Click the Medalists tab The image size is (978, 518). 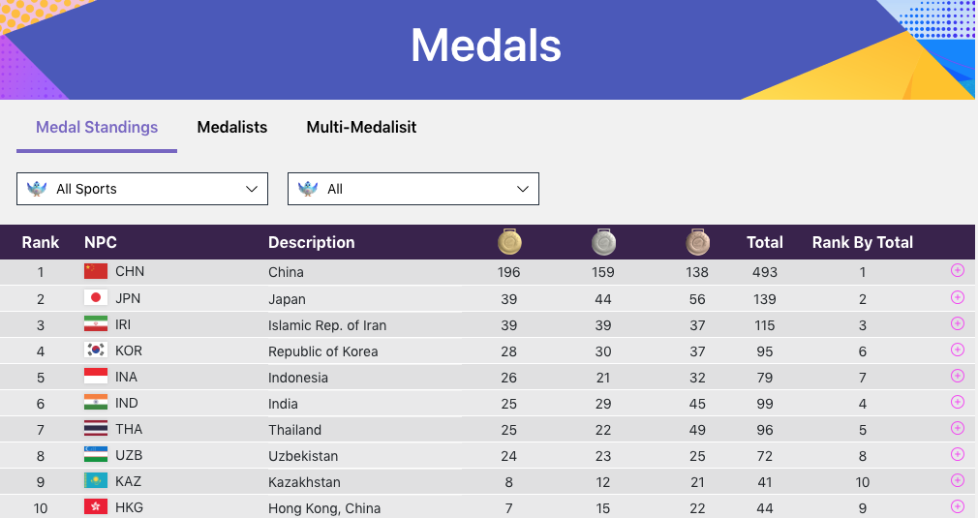click(232, 127)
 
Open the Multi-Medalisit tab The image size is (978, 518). click(361, 127)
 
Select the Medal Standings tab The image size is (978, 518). click(97, 127)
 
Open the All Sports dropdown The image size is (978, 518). click(142, 189)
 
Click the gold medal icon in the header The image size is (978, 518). click(509, 242)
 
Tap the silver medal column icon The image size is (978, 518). click(603, 242)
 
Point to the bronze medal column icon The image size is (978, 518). click(697, 242)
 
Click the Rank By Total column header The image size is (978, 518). click(862, 242)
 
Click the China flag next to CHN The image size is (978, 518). click(96, 271)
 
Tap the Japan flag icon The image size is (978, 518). click(96, 298)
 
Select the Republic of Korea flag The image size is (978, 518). click(96, 350)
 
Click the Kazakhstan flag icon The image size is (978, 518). click(96, 481)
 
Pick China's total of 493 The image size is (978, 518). click(765, 272)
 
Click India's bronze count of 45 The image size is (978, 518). click(697, 403)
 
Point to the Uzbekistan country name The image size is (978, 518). click(303, 456)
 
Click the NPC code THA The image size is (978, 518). click(127, 429)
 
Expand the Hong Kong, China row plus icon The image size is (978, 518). click(958, 505)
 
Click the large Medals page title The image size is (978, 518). click(486, 46)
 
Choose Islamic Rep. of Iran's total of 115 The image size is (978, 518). click(765, 324)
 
